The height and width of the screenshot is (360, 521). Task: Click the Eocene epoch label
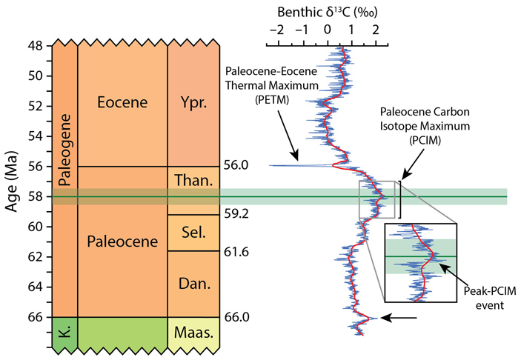[122, 102]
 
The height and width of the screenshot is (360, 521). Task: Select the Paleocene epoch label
[122, 242]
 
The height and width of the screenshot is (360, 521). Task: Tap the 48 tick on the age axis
[36, 46]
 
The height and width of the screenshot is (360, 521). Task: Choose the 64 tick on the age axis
[36, 287]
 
